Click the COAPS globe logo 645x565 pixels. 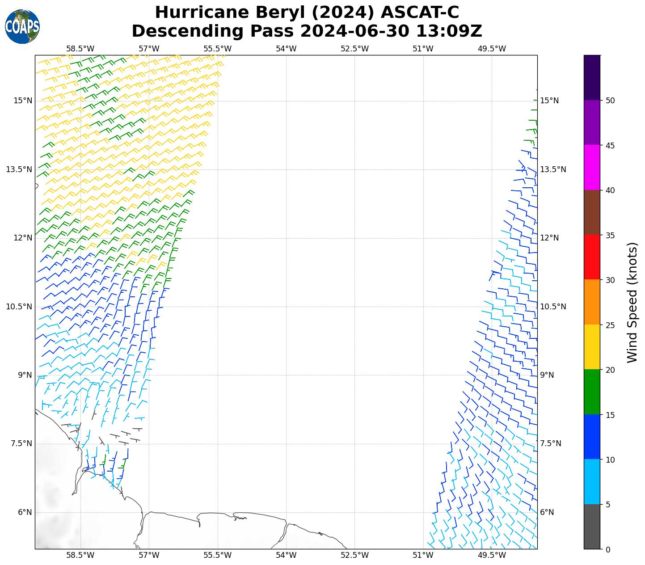pyautogui.click(x=22, y=26)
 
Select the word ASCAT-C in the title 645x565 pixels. pyautogui.click(x=419, y=13)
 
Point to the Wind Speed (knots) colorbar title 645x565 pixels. pyautogui.click(x=632, y=302)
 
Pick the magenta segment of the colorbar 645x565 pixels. pyautogui.click(x=592, y=167)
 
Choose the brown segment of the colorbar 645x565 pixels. pyautogui.click(x=592, y=212)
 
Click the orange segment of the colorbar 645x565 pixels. pyautogui.click(x=592, y=302)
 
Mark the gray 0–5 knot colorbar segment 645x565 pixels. pyautogui.click(x=592, y=527)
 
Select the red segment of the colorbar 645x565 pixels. pyautogui.click(x=592, y=257)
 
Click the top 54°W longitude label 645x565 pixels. pyautogui.click(x=286, y=48)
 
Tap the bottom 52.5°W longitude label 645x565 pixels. pyautogui.click(x=354, y=555)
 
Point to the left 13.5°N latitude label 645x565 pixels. pyautogui.click(x=19, y=169)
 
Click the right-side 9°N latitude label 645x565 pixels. pyautogui.click(x=547, y=375)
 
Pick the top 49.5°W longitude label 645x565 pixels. pyautogui.click(x=492, y=48)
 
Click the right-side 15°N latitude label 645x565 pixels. pyautogui.click(x=549, y=101)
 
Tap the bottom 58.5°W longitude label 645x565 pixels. pyautogui.click(x=80, y=555)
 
